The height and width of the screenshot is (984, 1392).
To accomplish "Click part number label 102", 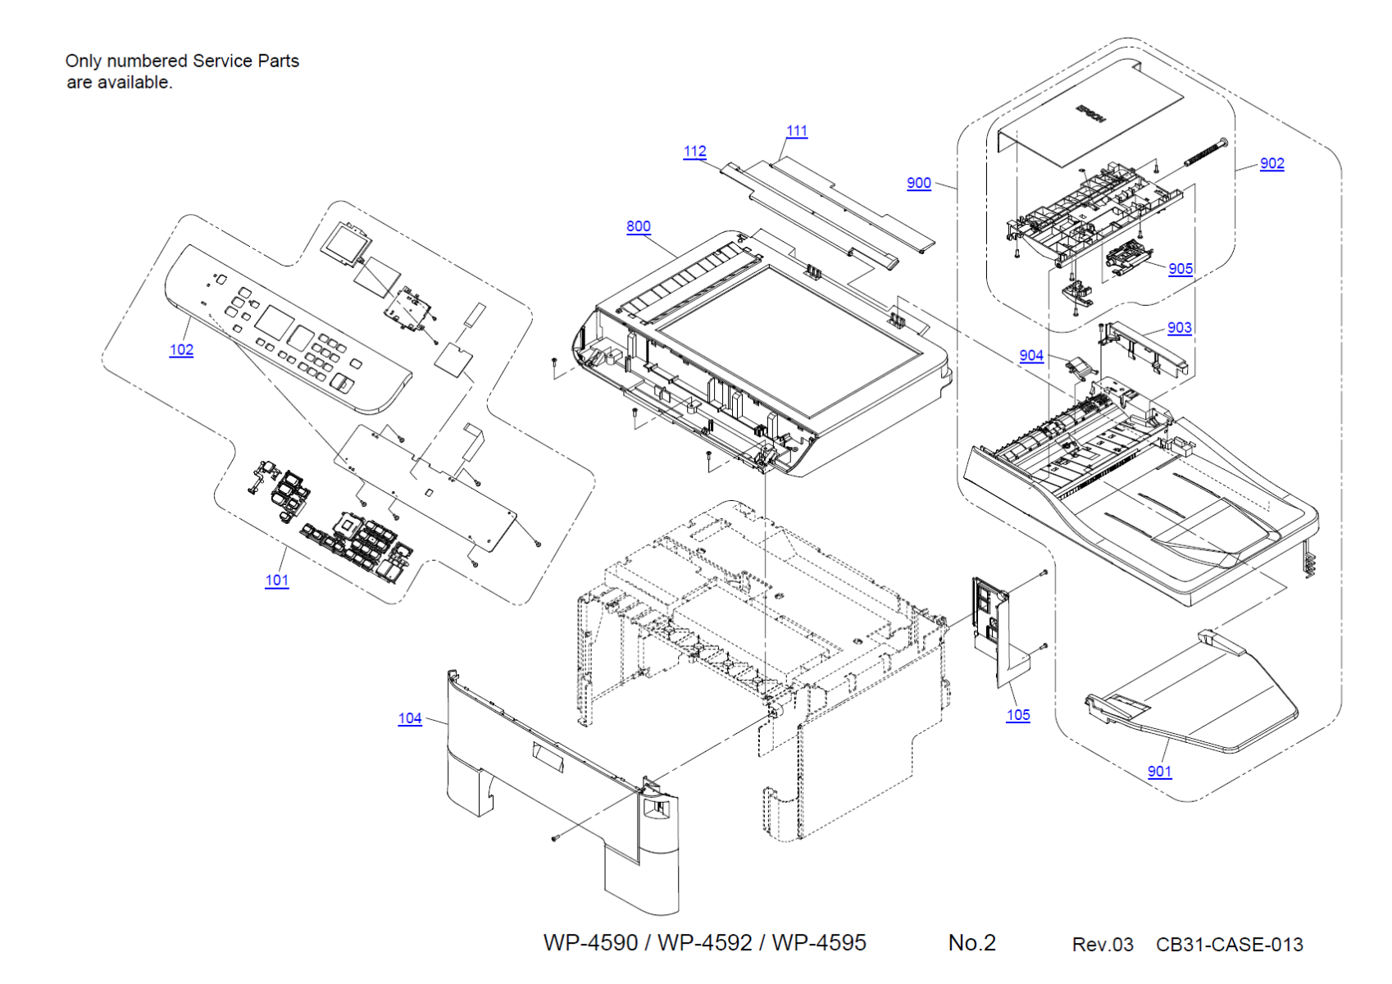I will [181, 350].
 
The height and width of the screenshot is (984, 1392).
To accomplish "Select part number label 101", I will [277, 581].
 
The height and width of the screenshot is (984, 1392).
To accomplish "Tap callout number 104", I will [410, 718].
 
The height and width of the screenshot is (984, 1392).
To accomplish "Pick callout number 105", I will [1018, 715].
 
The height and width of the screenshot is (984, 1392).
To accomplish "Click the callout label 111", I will [797, 131].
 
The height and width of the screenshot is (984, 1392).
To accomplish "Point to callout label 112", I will [694, 152].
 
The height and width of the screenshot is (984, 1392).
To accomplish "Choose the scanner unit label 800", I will [639, 227].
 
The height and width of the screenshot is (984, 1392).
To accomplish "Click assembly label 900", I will [919, 184].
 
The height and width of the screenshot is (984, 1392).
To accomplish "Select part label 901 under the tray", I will [1159, 772].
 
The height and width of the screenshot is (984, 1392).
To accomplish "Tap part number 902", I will [1271, 164].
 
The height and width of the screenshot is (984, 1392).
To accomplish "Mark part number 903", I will [1179, 328].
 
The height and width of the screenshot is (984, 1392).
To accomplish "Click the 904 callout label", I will [1031, 356].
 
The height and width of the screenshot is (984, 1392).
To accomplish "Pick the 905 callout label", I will [1180, 269].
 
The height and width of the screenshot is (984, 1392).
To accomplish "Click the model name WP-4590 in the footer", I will [590, 943].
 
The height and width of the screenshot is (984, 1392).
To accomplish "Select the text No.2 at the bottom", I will [971, 943].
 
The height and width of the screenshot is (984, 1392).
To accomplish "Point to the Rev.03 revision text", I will [1103, 945].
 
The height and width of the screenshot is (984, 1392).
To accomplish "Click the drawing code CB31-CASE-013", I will [1229, 945].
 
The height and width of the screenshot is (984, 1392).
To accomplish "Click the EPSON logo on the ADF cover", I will [1090, 113].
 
